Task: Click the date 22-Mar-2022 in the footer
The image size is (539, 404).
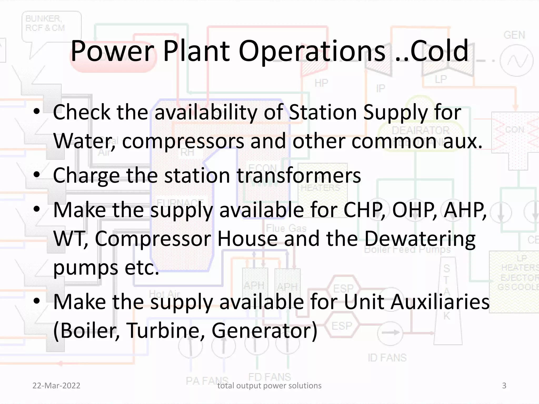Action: point(56,386)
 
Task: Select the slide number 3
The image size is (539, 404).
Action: point(504,386)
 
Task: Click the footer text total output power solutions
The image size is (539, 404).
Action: point(269,386)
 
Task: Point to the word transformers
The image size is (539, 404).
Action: point(299,175)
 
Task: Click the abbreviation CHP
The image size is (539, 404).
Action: point(364,210)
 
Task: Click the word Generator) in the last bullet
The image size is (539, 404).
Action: point(264,331)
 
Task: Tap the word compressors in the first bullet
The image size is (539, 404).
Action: point(183,141)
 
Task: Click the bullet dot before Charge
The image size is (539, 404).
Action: point(37,174)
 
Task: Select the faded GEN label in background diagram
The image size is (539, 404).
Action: point(514,35)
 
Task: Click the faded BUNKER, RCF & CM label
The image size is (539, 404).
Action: point(45,23)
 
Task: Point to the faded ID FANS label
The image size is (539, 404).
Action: point(387,358)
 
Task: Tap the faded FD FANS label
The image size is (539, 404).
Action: point(270,377)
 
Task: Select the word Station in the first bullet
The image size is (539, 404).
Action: point(323,112)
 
